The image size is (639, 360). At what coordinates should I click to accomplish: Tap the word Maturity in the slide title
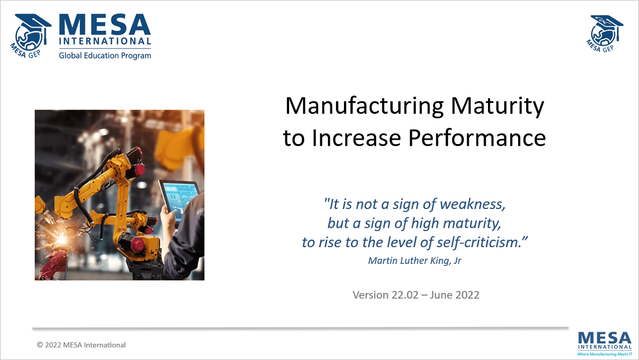click(497, 106)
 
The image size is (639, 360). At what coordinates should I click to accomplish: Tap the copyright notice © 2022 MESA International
click(81, 345)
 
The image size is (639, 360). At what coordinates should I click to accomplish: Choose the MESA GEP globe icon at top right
click(606, 33)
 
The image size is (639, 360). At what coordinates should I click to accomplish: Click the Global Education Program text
click(105, 55)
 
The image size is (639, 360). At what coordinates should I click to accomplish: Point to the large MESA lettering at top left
click(105, 25)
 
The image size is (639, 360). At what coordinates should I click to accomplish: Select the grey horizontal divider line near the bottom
click(300, 327)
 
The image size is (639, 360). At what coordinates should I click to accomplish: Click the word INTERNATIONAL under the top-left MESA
click(105, 42)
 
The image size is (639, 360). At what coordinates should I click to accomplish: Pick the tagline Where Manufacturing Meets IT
click(605, 354)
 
